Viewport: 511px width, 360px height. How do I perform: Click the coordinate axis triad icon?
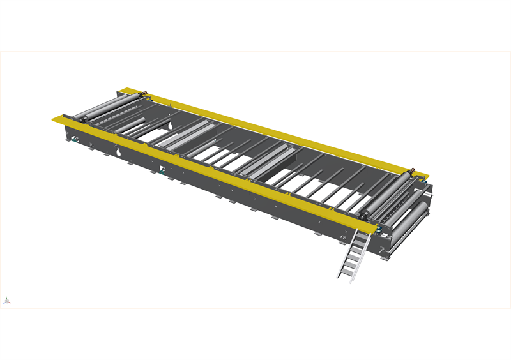pyautogui.click(x=6, y=300)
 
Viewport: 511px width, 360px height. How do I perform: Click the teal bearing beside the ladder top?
pyautogui.click(x=378, y=228)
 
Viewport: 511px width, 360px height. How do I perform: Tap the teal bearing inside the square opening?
pyautogui.click(x=164, y=170)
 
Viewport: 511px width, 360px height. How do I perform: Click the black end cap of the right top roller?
pyautogui.click(x=367, y=216)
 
